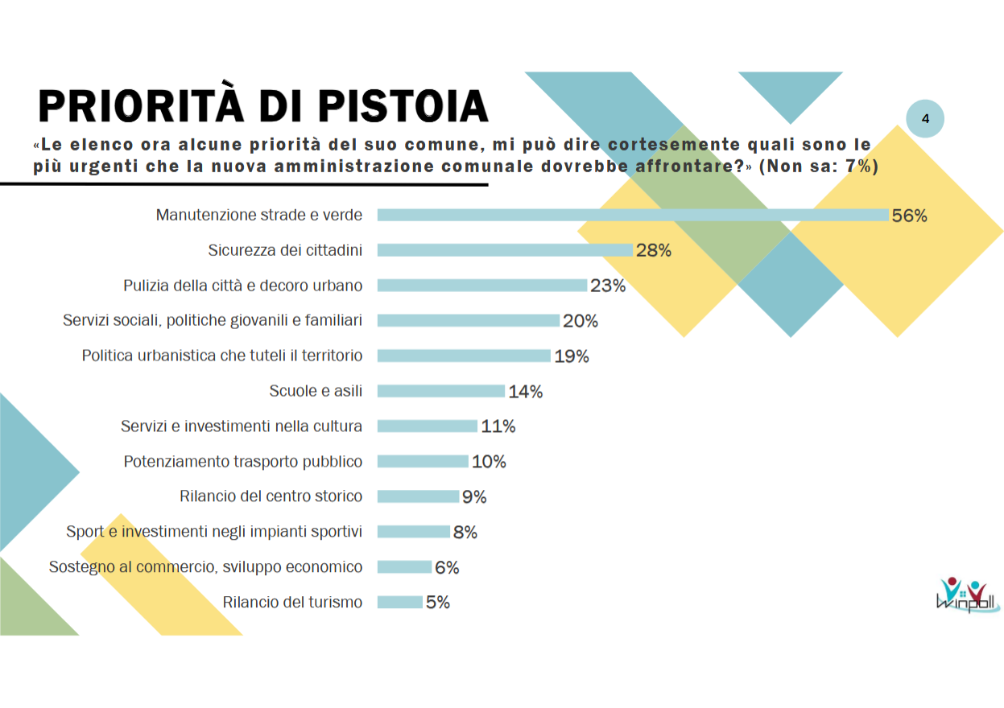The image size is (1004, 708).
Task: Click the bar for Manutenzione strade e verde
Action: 633,215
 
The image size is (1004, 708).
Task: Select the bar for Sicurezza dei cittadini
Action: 505,250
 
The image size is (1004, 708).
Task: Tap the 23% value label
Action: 608,286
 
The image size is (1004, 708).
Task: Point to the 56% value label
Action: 910,216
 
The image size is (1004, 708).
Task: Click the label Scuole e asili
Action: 316,391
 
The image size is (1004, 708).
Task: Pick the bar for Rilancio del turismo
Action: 400,602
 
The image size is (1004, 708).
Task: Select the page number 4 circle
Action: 925,119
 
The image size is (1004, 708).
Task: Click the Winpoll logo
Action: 967,595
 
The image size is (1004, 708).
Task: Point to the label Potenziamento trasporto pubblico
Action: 242,462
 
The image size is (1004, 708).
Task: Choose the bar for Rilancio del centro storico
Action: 418,496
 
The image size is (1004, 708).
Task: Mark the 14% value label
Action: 526,392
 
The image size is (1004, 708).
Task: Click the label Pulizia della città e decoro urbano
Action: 242,286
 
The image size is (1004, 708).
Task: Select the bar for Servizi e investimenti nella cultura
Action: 428,426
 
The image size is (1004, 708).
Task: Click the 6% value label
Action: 447,567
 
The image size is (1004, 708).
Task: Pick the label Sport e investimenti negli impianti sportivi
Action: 214,532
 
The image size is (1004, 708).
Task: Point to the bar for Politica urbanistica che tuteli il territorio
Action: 464,356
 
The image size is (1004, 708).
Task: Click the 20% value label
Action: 581,321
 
